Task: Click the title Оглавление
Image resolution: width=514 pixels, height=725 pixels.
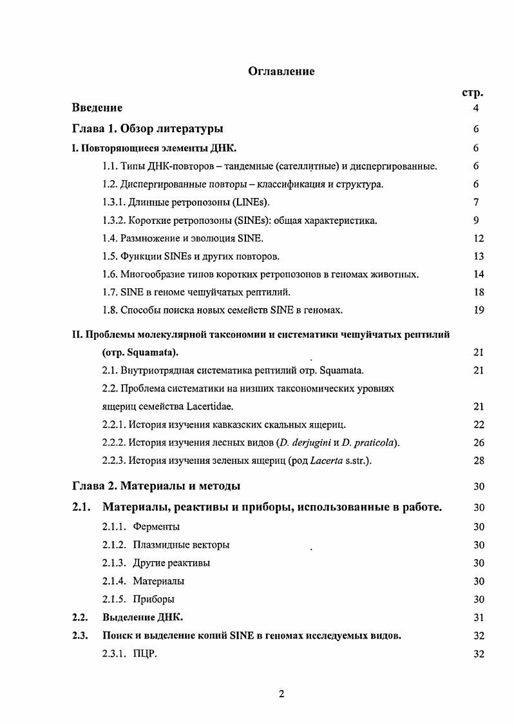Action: (x=281, y=72)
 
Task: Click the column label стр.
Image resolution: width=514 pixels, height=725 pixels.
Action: (x=473, y=92)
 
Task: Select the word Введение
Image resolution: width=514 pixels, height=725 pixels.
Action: (x=97, y=108)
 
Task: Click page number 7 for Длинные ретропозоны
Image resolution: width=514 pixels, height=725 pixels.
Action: (x=475, y=203)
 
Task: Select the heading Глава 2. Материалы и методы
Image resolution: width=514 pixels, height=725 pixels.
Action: (x=157, y=486)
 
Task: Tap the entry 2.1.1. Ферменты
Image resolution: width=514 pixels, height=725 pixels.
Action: (x=141, y=527)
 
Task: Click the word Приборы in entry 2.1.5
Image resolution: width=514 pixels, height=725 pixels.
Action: (x=154, y=599)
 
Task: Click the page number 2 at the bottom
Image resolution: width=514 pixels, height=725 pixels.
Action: (x=281, y=694)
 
